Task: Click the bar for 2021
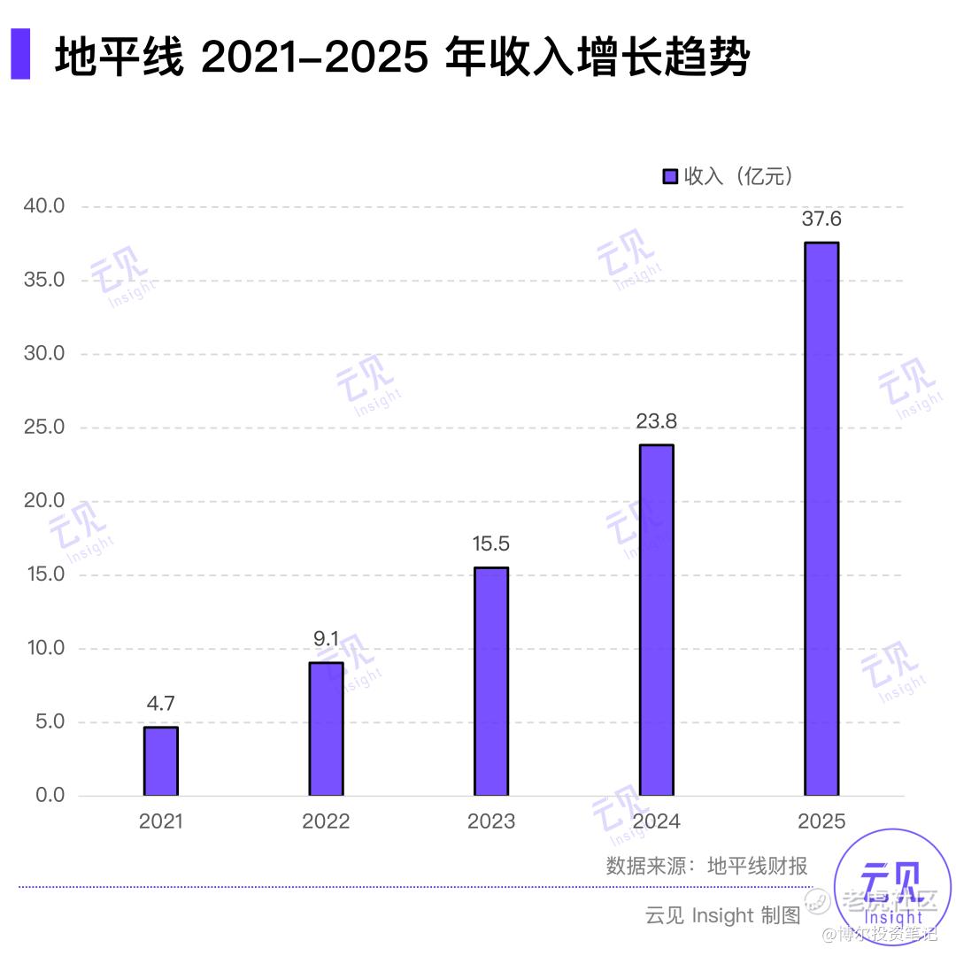161,761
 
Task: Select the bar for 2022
326,729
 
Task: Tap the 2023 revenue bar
490,682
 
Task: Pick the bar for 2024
656,620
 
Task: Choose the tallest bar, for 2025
821,519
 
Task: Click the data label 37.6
821,220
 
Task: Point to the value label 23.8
656,421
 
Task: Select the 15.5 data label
490,544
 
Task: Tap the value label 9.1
326,638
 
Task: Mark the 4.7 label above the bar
161,704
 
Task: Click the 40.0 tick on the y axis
44,206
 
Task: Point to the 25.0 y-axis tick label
44,428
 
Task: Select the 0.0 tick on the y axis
50,795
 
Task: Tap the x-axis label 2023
490,821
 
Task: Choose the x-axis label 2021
161,821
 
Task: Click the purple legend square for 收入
670,176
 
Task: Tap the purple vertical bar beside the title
20,54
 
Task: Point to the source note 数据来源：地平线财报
706,866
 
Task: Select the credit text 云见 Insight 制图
722,914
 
